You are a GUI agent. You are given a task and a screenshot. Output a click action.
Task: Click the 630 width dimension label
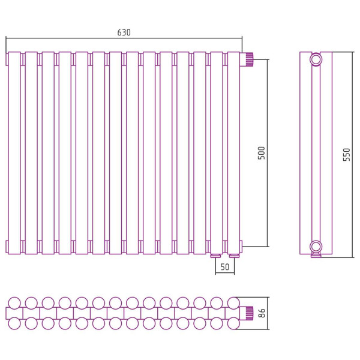124,32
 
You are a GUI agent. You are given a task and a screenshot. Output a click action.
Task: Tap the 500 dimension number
261,153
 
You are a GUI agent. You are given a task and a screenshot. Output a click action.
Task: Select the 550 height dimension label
346,155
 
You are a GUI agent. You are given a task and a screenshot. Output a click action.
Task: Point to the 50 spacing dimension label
225,267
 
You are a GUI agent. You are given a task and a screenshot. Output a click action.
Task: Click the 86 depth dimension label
262,313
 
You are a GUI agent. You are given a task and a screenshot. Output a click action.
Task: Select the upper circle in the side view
316,59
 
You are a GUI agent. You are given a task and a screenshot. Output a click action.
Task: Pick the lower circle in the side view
316,247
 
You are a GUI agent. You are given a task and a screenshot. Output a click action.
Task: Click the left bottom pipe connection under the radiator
215,256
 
